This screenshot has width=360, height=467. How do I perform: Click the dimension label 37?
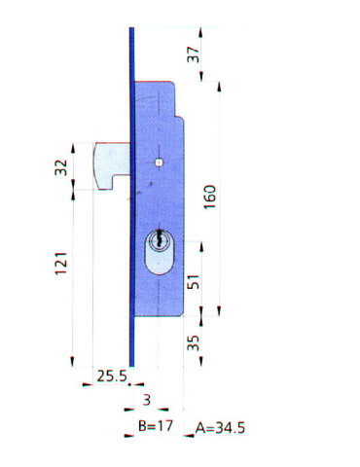[x=193, y=54]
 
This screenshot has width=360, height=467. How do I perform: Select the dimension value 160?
[x=210, y=197]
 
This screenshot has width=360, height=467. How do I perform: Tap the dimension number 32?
[x=61, y=167]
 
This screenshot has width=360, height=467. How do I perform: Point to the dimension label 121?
[x=61, y=264]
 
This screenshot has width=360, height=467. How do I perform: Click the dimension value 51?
[x=194, y=281]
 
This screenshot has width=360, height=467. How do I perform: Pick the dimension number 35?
[x=194, y=342]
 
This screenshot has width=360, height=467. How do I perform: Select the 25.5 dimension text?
[x=112, y=376]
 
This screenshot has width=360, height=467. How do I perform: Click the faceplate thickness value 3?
[x=147, y=400]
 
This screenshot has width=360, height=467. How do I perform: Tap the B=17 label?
[x=156, y=425]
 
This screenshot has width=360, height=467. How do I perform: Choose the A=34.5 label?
[x=220, y=428]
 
